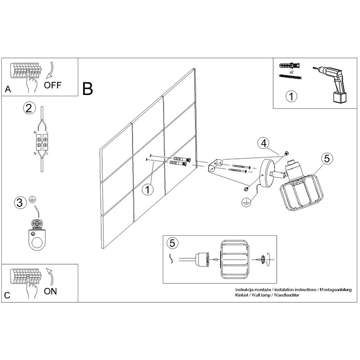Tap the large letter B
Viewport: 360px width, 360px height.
88,89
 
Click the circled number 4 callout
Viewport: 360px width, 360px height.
264,144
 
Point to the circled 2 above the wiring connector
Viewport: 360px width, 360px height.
29,108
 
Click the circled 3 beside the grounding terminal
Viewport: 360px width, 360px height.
19,202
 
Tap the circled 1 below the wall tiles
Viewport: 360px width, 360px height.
147,189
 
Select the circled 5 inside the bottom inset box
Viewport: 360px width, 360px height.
171,243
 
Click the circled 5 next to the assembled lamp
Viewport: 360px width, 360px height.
327,158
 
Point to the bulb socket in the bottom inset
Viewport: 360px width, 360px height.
201,259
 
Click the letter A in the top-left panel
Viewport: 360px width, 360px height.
7,90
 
